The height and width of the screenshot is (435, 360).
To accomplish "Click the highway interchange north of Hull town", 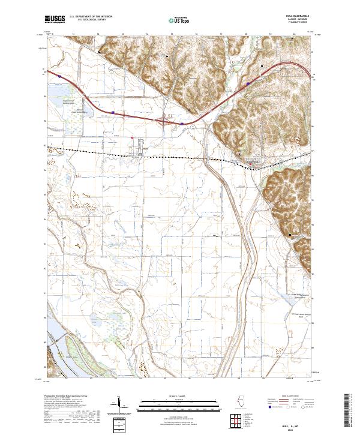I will pyautogui.click(x=164, y=121).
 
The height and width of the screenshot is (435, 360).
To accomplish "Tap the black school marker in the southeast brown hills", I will pyautogui.click(x=291, y=234).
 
